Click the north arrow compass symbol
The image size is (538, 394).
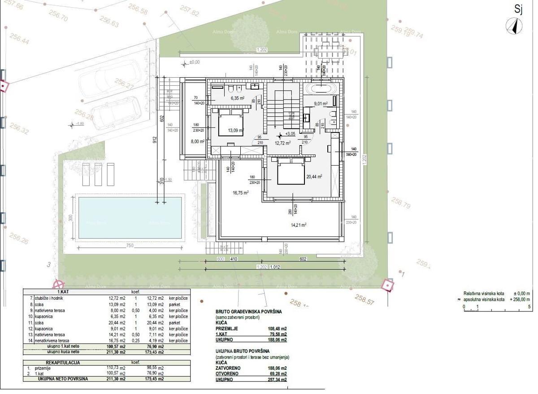pos(514,27)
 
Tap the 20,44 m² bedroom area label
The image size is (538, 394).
pos(314,177)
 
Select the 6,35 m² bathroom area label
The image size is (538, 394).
pos(237,98)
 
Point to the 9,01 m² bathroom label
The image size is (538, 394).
pos(320,104)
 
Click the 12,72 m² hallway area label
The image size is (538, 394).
pos(282,143)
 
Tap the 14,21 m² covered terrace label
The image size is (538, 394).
pos(299,224)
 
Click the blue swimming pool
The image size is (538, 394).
pos(130,217)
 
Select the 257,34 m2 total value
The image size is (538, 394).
pos(278,379)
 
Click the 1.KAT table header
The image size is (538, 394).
pos(56,291)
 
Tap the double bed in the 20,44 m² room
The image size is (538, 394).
pos(291,172)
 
